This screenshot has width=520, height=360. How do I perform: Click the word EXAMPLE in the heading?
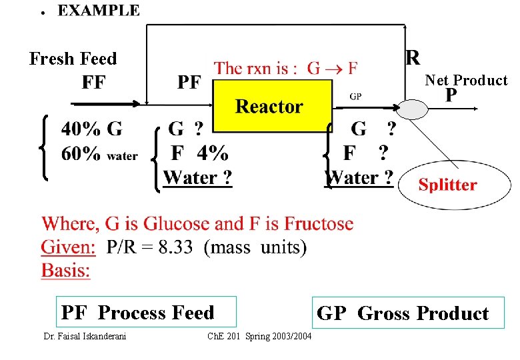[x=99, y=11]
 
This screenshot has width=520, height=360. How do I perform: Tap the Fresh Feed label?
[x=73, y=59]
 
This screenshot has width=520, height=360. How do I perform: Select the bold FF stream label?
[x=94, y=83]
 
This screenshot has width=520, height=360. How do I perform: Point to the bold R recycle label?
[x=413, y=57]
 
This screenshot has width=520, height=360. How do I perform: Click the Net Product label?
[x=466, y=81]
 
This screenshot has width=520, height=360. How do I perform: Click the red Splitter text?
[x=447, y=185]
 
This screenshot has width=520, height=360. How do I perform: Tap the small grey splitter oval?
[x=408, y=109]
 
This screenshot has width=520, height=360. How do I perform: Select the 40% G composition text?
[x=91, y=127]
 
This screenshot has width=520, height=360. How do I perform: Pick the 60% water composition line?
[x=99, y=154]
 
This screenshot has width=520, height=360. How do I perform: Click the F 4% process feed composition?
[x=199, y=153]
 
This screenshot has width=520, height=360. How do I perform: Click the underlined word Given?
[x=69, y=247]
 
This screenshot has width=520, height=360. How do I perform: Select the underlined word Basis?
[x=66, y=270]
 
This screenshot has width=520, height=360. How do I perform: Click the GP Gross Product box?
[x=403, y=313]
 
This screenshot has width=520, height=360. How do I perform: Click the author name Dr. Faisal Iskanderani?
[x=85, y=336]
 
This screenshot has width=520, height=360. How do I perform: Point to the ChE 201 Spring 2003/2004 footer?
[x=259, y=336]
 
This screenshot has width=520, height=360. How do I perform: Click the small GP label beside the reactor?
[x=356, y=96]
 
